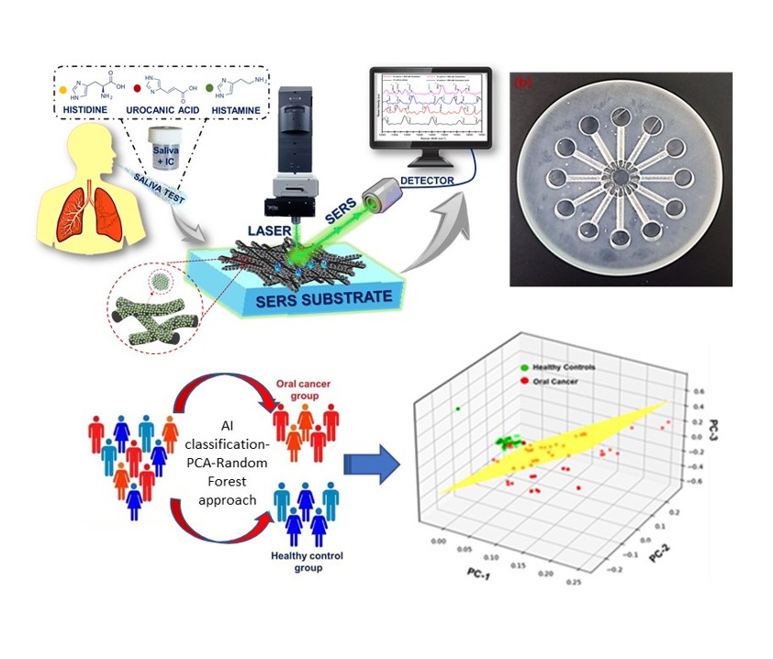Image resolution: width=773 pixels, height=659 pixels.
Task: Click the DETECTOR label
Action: pos(426,181)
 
